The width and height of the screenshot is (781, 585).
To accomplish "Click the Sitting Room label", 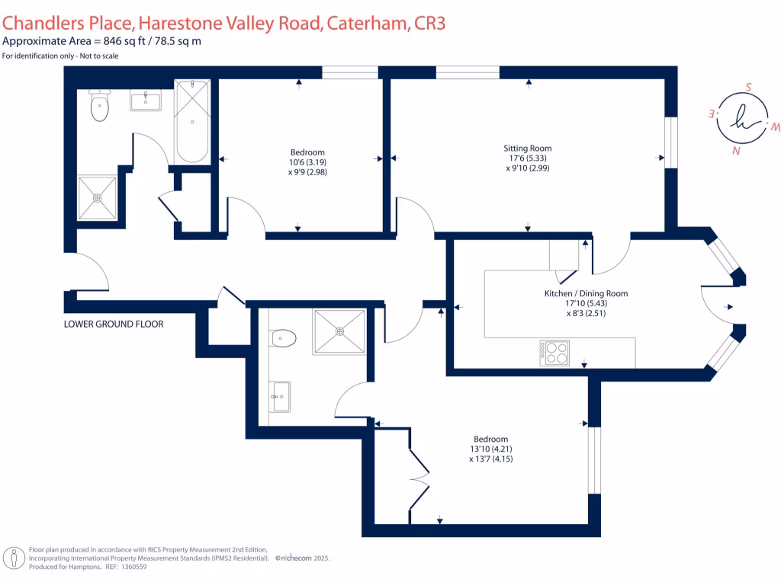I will point(527,149).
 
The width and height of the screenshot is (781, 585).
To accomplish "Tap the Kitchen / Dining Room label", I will point(585,293).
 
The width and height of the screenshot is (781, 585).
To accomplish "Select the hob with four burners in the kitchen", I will point(554,353).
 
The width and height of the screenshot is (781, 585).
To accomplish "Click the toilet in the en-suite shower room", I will point(284,337).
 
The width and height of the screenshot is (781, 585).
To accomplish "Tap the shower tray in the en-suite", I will point(339,331).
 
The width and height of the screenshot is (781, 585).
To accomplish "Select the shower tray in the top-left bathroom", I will point(98,198).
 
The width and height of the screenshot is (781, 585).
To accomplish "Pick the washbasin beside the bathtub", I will point(145,101).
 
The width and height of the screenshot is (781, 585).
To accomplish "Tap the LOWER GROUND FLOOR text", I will point(114,324).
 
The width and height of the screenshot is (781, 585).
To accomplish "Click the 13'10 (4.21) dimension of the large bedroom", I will point(490,449).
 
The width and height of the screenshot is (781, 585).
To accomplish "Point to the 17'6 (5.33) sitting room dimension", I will point(527,158).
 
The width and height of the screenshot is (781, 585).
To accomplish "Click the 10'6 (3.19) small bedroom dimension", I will point(307,161).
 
